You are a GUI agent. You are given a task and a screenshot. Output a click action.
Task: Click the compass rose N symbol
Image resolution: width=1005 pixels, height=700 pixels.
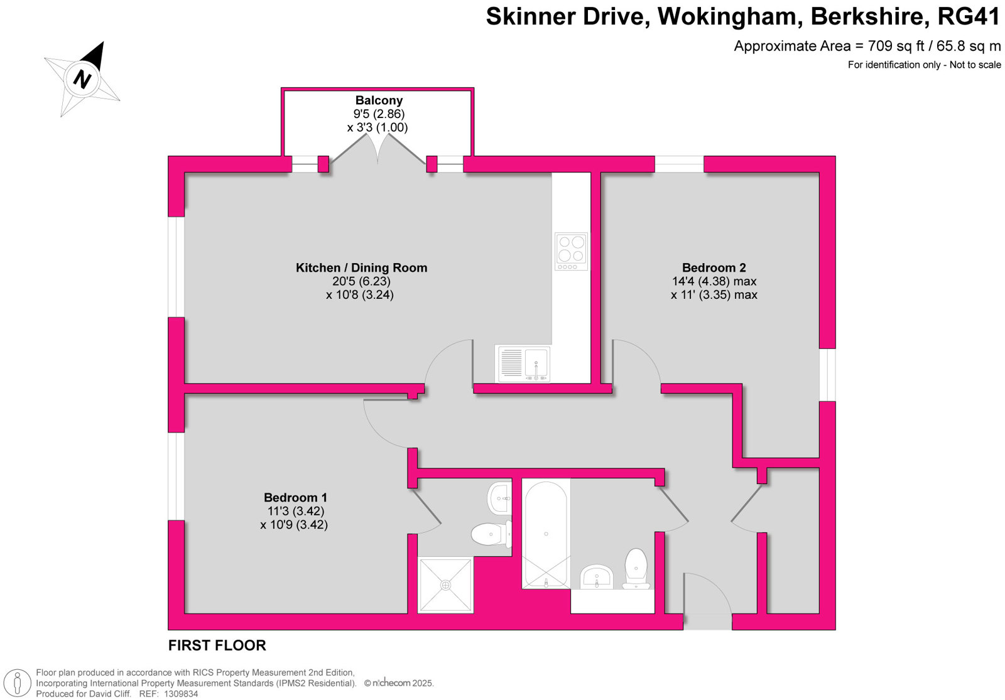(x=82, y=79)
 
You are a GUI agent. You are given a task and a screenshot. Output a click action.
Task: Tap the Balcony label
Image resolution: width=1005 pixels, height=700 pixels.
(x=379, y=100)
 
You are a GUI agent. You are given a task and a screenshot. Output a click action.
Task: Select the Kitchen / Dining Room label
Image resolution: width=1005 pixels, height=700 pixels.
(x=361, y=267)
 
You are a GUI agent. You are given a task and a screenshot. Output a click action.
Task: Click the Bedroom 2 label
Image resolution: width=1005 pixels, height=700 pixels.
(x=714, y=267)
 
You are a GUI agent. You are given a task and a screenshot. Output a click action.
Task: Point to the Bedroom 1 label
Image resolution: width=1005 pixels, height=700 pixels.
(x=295, y=497)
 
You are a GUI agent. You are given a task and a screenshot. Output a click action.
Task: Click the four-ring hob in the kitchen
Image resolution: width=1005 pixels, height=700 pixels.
(x=571, y=251)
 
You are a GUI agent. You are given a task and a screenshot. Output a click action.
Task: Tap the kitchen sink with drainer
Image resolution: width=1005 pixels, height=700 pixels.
(x=522, y=363)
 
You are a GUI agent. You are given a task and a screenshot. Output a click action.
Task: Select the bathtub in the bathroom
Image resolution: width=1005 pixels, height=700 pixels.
(x=546, y=534)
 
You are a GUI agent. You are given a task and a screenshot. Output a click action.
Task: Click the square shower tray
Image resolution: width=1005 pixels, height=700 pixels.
(x=445, y=584)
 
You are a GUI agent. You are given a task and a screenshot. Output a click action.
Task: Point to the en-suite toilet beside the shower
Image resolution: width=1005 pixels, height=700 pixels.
(x=491, y=534)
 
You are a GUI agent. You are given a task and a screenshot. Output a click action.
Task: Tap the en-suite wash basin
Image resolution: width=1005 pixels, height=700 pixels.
(x=499, y=498)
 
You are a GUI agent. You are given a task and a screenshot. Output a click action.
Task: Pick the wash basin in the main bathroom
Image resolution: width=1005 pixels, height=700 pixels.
(x=597, y=577)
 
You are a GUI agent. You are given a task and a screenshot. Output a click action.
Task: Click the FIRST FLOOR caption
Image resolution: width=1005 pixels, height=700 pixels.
(x=217, y=645)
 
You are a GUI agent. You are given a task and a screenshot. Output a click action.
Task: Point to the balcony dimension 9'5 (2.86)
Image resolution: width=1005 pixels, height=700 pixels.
(x=379, y=114)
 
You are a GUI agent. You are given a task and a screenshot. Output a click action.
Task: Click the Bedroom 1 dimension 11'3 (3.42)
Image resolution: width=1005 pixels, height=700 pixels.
(x=296, y=511)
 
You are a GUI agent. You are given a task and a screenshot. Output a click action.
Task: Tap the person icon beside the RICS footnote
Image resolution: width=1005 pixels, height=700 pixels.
(x=18, y=684)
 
